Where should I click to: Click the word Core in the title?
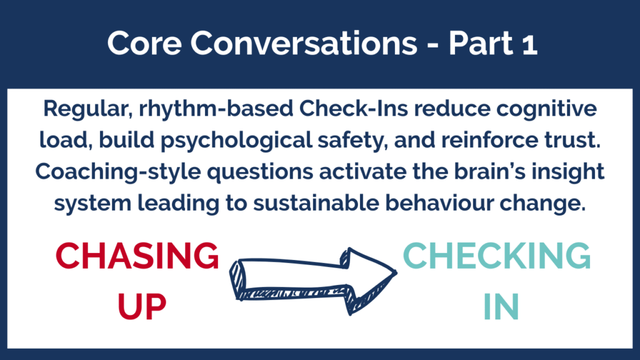[x=144, y=43]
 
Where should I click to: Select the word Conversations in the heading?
[x=304, y=43]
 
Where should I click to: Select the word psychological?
[x=236, y=141]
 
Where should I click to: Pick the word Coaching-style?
[x=118, y=172]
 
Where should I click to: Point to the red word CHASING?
[x=137, y=256]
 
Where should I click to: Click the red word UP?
[x=142, y=307]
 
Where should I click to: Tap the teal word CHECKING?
[x=497, y=256]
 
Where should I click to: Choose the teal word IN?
[x=501, y=307]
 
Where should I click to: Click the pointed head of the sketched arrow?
[x=395, y=272]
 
